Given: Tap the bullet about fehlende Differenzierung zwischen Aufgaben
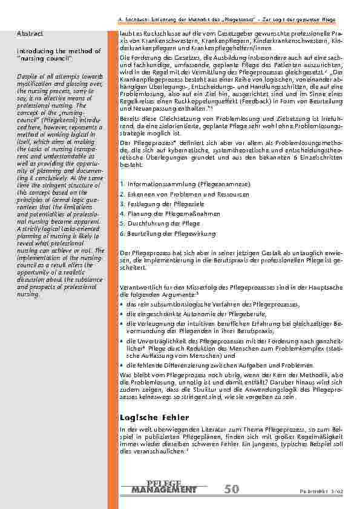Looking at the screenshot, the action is point(220,366).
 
